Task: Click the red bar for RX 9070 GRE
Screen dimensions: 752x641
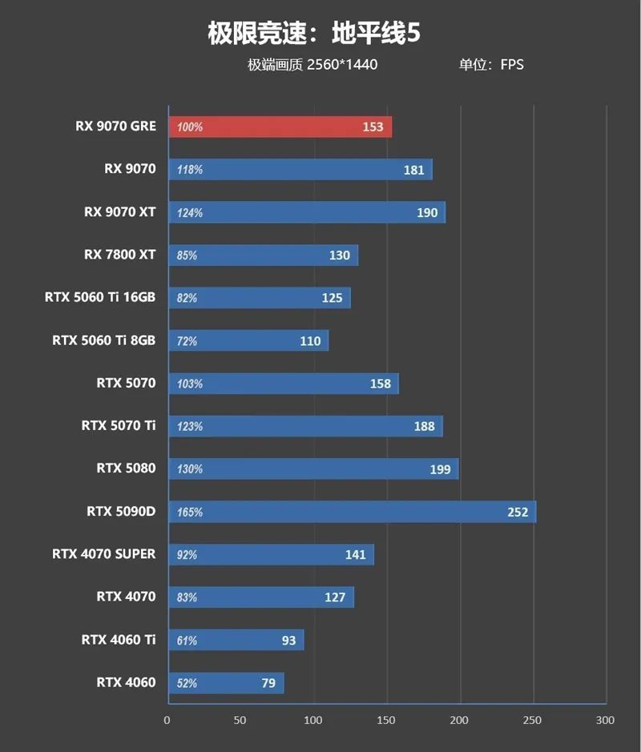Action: (280, 127)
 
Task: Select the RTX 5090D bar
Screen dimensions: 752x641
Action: (352, 512)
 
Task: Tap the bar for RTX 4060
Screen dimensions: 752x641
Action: (225, 683)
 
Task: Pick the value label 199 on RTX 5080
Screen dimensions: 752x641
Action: (440, 469)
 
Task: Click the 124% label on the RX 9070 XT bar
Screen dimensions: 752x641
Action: (190, 213)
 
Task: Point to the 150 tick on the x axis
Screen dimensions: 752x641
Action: (387, 720)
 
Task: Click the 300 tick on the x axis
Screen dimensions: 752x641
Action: (606, 720)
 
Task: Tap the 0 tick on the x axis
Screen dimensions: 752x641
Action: (167, 720)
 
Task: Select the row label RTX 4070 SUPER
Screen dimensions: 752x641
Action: (104, 554)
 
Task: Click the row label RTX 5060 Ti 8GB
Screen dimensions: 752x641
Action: (104, 340)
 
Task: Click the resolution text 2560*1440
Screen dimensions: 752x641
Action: (342, 65)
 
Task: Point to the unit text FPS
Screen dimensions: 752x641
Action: (512, 65)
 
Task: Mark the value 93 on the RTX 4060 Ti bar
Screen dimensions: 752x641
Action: (288, 641)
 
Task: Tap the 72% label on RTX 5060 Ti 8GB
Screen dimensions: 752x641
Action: (187, 341)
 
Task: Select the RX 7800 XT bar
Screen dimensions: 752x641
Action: (263, 255)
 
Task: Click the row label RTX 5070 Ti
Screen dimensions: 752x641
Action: (119, 425)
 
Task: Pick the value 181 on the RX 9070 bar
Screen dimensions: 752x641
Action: (414, 170)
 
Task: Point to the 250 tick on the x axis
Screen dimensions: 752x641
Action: (533, 720)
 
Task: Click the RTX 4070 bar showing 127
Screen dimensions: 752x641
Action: (260, 597)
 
